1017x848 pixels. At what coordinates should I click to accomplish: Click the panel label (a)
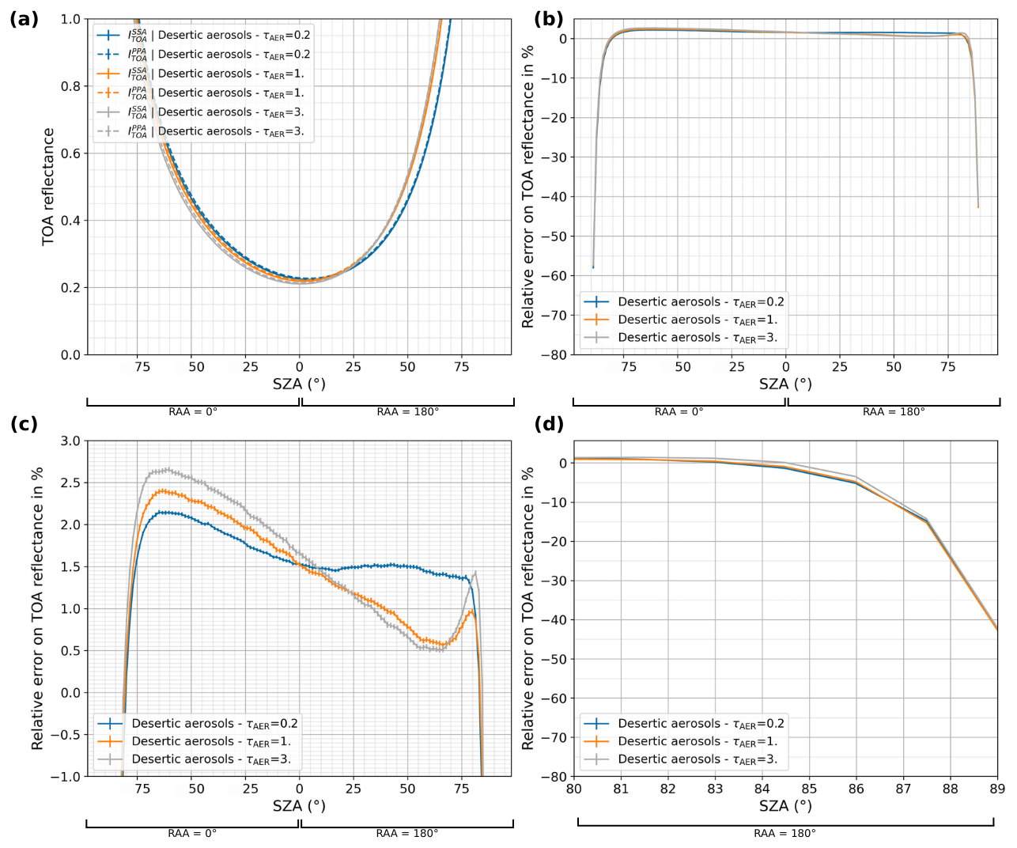click(x=24, y=19)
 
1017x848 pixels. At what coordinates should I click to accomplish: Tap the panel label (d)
click(x=549, y=424)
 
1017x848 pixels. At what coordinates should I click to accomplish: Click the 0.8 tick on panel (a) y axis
click(x=71, y=86)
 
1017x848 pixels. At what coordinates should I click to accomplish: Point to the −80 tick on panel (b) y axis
click(x=554, y=355)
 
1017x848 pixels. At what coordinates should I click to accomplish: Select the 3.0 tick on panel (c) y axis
click(x=71, y=441)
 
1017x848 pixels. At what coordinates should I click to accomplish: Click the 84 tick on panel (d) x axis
click(x=762, y=789)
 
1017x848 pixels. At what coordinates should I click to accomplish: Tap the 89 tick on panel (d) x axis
click(x=997, y=789)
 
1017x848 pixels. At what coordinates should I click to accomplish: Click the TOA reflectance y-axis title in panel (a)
click(x=48, y=187)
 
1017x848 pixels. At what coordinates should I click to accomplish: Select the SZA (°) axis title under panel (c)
click(x=299, y=806)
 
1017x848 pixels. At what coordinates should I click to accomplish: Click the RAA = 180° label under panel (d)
click(x=784, y=833)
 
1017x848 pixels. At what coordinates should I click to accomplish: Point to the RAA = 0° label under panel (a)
click(x=193, y=411)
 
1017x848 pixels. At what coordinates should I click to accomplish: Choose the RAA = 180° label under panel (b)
click(x=894, y=411)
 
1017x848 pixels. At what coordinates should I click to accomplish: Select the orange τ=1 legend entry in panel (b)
click(x=680, y=320)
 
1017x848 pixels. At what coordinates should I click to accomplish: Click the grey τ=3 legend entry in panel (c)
click(x=194, y=759)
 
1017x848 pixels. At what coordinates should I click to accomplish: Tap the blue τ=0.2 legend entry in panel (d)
click(x=683, y=724)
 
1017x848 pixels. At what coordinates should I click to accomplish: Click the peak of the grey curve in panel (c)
click(x=168, y=468)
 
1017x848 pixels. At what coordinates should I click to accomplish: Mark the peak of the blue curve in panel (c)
click(x=161, y=512)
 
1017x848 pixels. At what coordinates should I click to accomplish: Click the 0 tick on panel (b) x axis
click(x=785, y=367)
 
